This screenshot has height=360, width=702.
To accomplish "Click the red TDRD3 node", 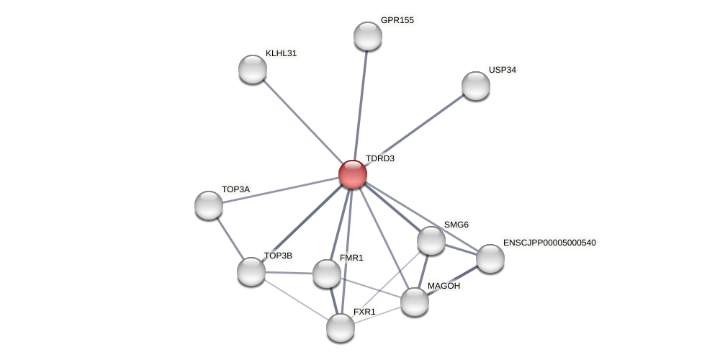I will coord(353,174).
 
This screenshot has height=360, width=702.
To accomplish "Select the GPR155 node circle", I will coord(368,36).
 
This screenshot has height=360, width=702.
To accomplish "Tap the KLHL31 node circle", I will coord(253,69).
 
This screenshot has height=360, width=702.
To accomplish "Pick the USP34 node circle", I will coord(476,86).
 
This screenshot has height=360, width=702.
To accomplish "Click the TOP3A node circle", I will coord(209,205).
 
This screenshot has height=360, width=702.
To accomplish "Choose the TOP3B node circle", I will coord(251,271).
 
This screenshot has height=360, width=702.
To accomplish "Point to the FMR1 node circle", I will coord(327,274).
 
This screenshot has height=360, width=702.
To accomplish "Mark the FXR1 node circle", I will coord(341,328).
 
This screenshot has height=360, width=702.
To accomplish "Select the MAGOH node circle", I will coord(415,302).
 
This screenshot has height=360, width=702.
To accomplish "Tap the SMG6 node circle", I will coord(431,240).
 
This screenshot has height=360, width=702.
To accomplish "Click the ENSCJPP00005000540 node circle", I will coord(490,258).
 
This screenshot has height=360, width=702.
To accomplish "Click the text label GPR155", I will coord(397,20).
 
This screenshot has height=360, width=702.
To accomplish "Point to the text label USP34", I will coord(503,70).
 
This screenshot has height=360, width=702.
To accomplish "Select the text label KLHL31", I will coord(281,53).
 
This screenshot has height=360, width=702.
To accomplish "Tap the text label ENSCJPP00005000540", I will coord(549,243).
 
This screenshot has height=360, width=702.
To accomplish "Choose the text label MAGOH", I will coord(444,286).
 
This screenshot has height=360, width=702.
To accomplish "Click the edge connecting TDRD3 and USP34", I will coord(414,130).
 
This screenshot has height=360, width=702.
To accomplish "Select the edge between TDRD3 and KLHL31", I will coord(302,122).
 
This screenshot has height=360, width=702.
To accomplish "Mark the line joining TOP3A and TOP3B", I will coord(230,238).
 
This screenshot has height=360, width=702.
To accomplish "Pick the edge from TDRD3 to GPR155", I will coord(360,105).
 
